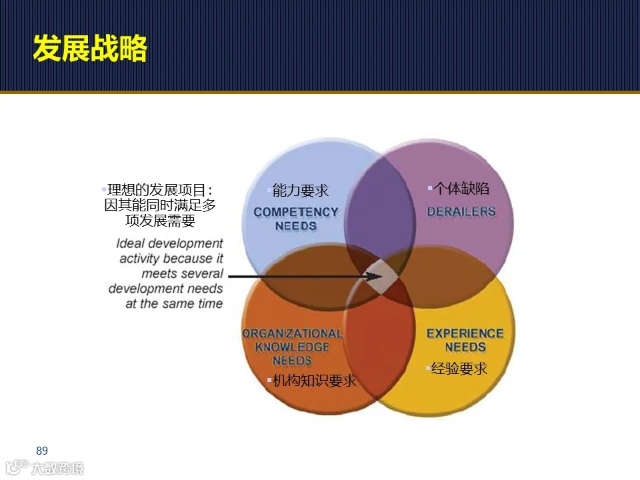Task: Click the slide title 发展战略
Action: coord(90,49)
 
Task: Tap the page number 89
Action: coord(42,451)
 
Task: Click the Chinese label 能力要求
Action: coord(301,191)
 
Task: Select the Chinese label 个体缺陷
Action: coord(461,189)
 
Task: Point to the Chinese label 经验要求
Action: coord(459,368)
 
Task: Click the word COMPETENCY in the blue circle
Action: coord(296,212)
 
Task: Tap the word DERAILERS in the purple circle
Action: coord(461,211)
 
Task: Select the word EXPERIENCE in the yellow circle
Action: coord(465,333)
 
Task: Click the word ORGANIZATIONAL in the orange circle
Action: coord(292,333)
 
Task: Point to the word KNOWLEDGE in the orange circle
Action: coord(292,347)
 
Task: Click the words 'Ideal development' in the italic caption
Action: coord(169,244)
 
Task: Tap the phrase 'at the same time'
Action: coord(174,303)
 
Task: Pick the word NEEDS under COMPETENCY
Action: coord(296,226)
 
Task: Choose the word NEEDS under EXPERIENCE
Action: coord(465,347)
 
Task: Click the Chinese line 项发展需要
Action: coord(160,221)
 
